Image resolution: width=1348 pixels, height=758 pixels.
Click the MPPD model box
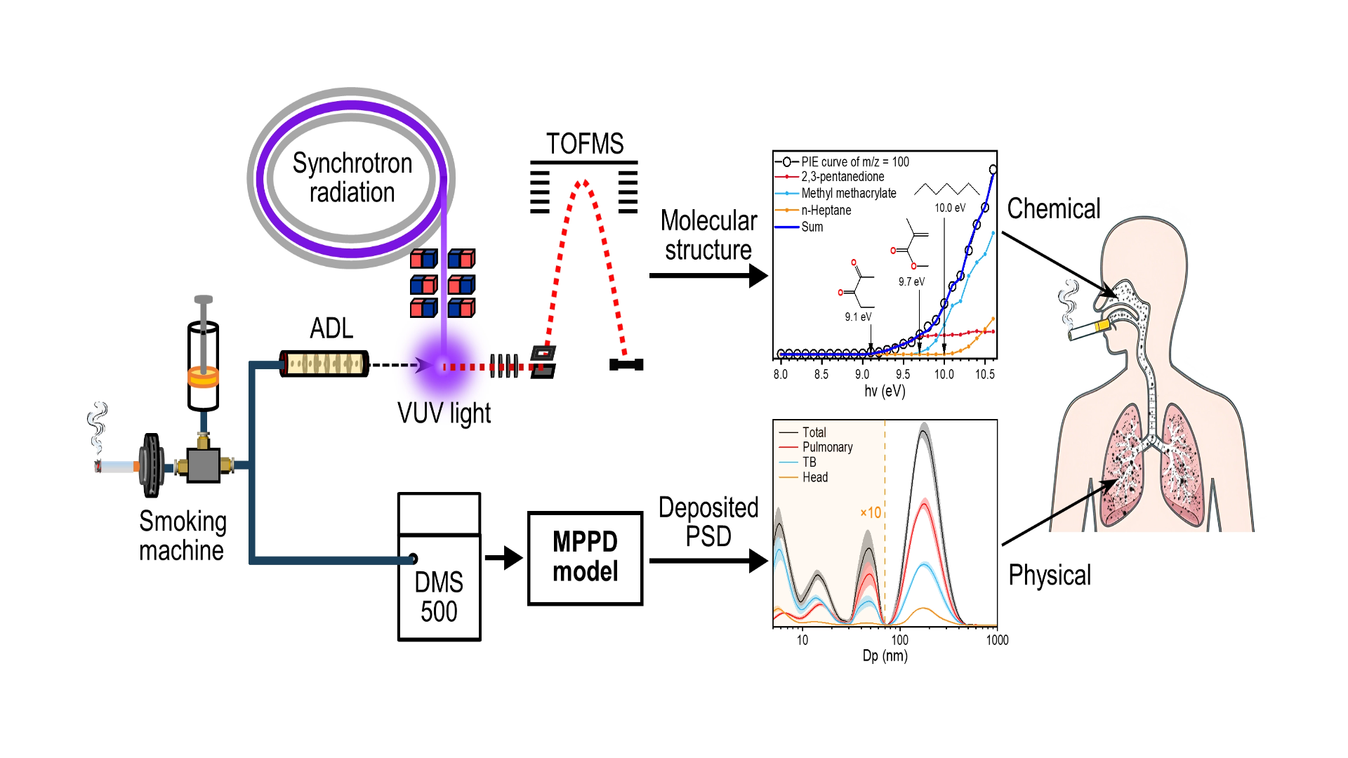tap(585, 558)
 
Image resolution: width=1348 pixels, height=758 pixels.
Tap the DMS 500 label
tap(439, 597)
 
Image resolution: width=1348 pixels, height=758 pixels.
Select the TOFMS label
tap(585, 144)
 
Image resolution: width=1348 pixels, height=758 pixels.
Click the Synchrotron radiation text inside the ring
tap(352, 178)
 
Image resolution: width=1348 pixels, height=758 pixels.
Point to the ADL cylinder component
tap(324, 363)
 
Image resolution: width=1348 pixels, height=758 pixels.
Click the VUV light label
tap(444, 413)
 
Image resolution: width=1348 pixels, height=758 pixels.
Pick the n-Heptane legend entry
tap(826, 210)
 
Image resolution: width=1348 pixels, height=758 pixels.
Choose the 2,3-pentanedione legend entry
tap(842, 177)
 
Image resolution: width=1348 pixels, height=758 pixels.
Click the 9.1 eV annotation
tap(858, 317)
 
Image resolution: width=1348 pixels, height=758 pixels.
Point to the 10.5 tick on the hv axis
tap(984, 375)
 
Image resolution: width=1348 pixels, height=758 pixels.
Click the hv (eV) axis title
tap(885, 391)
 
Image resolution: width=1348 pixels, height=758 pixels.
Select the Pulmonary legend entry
tap(827, 447)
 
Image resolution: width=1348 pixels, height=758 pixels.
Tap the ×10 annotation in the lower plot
tap(870, 513)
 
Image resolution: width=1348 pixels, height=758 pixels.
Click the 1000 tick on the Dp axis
tap(997, 640)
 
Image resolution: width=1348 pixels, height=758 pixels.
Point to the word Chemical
tap(1053, 209)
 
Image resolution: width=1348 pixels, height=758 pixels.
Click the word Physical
tap(1050, 576)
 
